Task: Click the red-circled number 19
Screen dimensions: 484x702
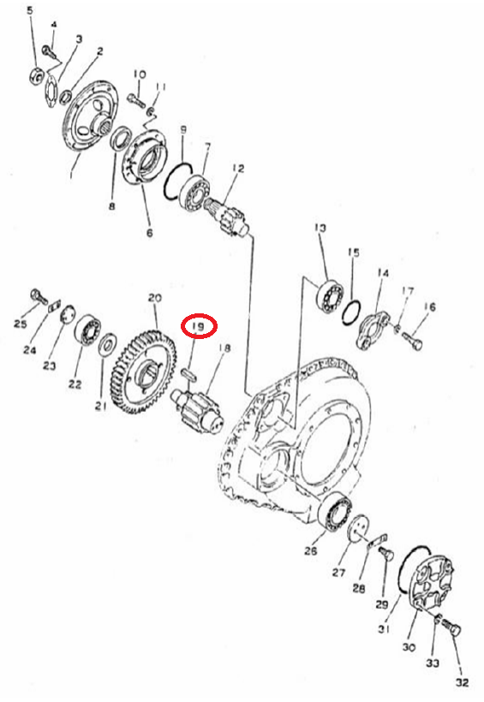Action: coord(198,326)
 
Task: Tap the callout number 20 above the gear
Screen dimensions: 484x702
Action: coord(154,298)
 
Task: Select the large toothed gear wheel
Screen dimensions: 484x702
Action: coord(142,371)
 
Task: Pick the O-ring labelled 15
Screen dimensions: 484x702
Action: coord(351,312)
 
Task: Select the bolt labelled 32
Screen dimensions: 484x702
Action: coord(450,628)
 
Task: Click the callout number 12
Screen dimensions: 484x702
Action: coord(238,169)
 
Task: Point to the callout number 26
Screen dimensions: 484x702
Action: coord(311,550)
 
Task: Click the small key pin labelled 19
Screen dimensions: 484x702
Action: coord(188,373)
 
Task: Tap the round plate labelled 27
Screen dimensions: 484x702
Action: coord(360,530)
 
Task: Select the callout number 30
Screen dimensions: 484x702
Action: coord(409,647)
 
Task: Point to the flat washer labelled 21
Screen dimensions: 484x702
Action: coord(108,345)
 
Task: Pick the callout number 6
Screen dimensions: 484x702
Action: coord(149,233)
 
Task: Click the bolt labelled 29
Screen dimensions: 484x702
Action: coord(385,554)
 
